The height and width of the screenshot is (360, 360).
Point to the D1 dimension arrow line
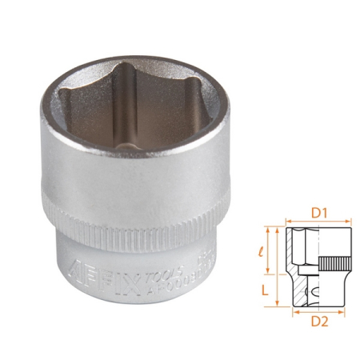[318, 224]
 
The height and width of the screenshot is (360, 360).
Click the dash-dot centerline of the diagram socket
[318, 269]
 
